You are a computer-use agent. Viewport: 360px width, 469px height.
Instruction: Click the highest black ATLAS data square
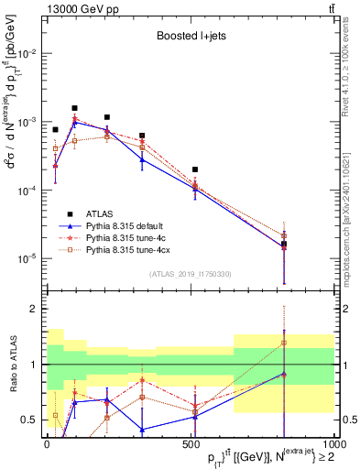point(75,108)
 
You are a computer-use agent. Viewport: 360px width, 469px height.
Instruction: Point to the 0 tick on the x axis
point(47,443)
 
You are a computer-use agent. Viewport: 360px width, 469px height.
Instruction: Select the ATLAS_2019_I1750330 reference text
point(190,274)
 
